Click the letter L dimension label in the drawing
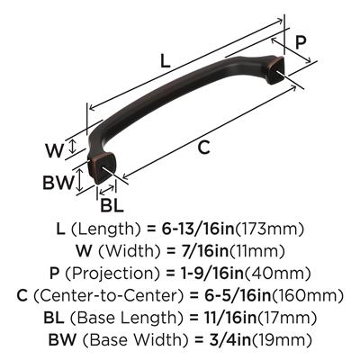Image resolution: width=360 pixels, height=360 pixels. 164,61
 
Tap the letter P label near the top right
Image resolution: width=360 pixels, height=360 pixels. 301,42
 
